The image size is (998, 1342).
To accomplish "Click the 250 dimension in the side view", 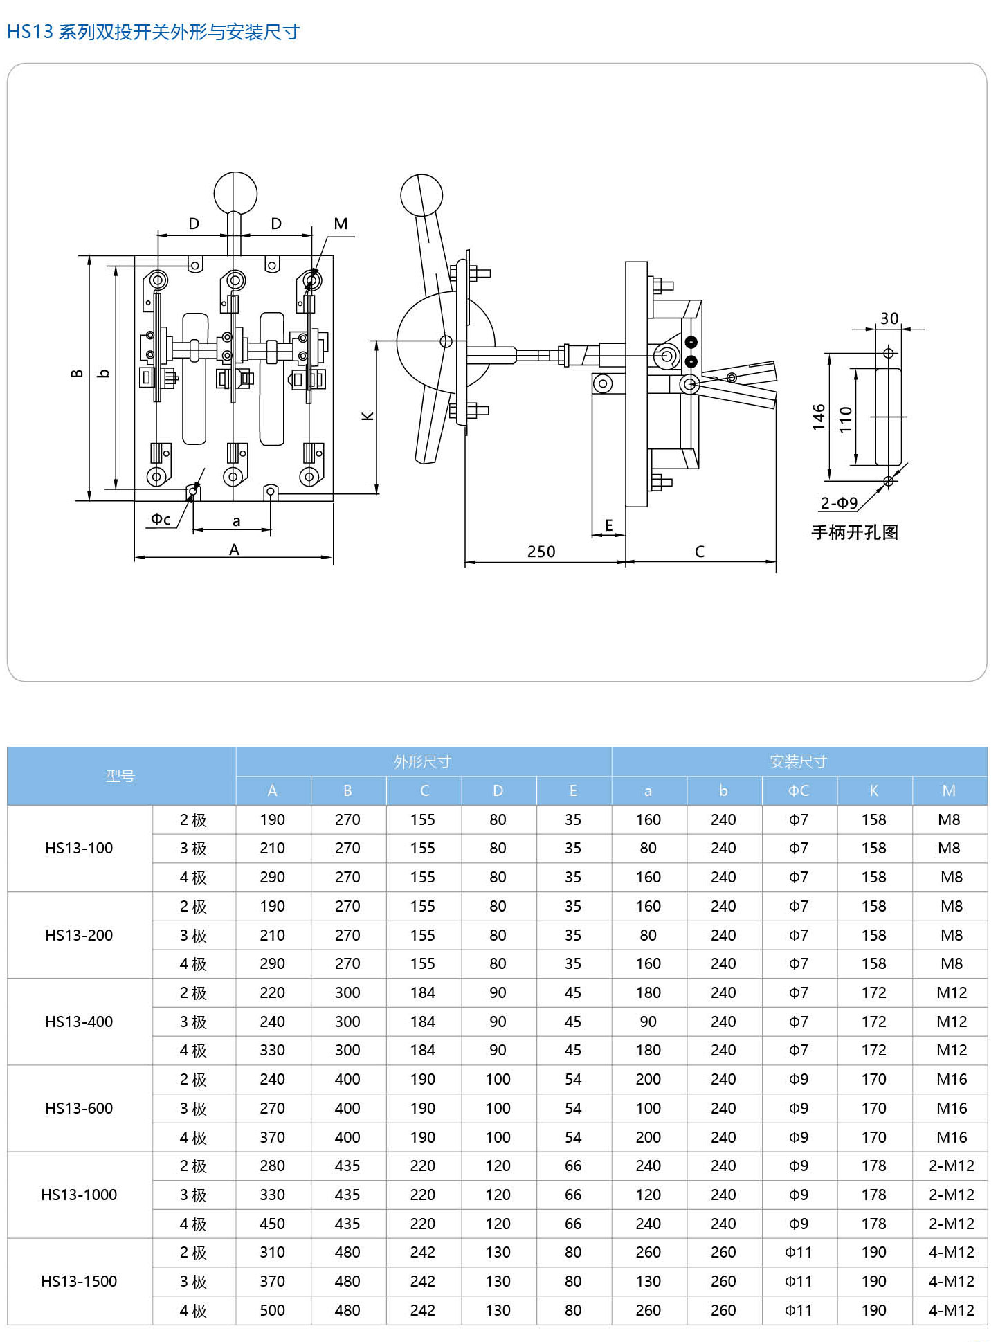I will pos(541,552).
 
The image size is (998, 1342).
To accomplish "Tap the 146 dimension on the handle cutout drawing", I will pos(819,417).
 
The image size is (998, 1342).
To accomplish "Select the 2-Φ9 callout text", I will pos(839,503).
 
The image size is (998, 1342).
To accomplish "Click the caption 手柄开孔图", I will pos(855,532).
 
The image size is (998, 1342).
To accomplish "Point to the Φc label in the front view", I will pos(161,519).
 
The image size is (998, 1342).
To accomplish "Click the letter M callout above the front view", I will pos(341,224).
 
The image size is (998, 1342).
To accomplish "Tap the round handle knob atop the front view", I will pos(235,193).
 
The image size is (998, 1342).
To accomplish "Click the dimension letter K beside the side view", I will pos(368,416).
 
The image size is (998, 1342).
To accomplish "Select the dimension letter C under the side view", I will pos(700,552).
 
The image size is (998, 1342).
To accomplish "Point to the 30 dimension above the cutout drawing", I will pos(889,318).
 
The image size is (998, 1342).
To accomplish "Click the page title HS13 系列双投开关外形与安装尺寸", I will pos(153,32).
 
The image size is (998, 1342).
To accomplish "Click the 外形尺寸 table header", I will pos(423,762).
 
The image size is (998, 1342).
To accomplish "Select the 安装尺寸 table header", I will pos(799,762).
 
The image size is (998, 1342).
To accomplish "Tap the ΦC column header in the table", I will pos(799,791).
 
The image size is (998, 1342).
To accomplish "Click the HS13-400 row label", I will pos(79,1022).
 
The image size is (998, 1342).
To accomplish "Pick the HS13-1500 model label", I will pos(79,1281).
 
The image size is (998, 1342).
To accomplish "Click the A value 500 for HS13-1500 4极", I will pos(272,1310).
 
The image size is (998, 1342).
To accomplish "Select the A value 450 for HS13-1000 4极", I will pos(272,1224).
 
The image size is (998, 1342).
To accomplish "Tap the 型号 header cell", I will pos(120,777).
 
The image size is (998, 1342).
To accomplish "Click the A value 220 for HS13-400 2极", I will pos(272,992).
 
